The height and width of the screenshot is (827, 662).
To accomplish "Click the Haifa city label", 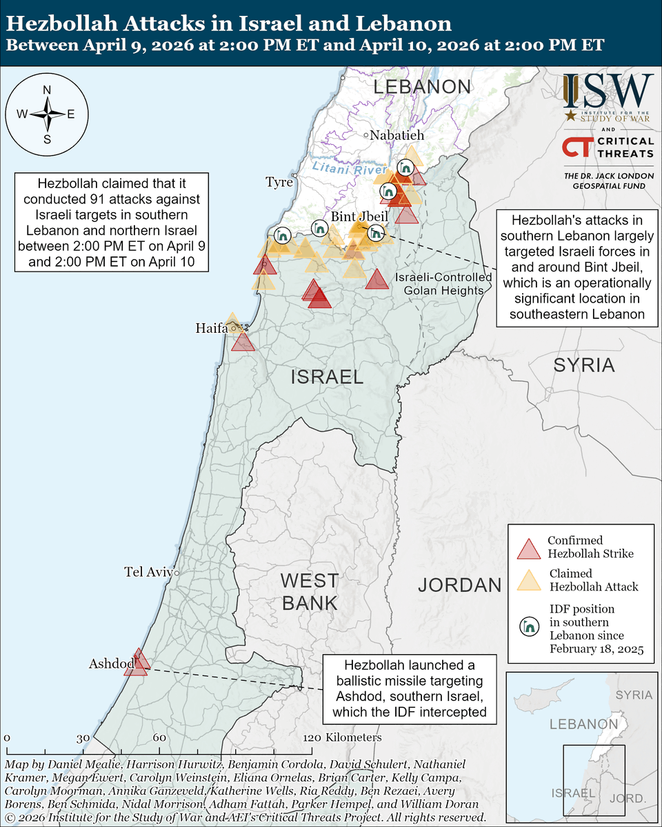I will point(211,329).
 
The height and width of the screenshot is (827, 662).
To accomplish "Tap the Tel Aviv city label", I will point(148,571).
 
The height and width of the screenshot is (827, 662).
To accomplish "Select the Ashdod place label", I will point(110,664).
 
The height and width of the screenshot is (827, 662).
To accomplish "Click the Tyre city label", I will point(279,182).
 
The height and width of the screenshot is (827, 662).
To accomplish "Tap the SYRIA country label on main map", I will point(583,365).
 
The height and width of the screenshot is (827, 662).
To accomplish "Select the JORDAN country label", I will point(459,585).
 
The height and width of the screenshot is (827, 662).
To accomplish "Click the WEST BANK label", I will point(310,591).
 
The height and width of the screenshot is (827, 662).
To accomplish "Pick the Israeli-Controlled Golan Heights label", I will point(443,284).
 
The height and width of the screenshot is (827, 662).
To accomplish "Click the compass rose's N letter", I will point(47,90).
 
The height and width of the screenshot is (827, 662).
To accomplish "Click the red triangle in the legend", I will point(528,549).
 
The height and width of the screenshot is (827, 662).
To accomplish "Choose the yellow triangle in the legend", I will point(528,581).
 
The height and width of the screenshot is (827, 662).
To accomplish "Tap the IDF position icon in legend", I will point(528,626).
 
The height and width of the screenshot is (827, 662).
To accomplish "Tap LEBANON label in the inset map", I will point(583,724).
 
